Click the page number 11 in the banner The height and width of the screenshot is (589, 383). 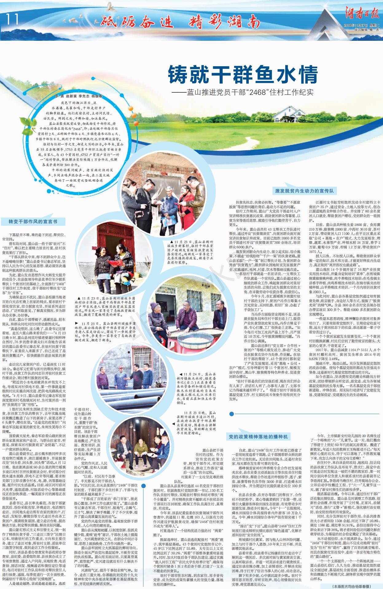[x=12, y=20]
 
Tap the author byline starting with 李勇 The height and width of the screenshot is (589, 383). [x=79, y=96]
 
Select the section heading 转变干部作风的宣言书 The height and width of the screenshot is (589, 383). [x=33, y=221]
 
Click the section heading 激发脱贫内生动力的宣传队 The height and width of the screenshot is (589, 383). [x=304, y=191]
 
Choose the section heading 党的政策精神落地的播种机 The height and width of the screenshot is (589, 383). [x=258, y=436]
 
